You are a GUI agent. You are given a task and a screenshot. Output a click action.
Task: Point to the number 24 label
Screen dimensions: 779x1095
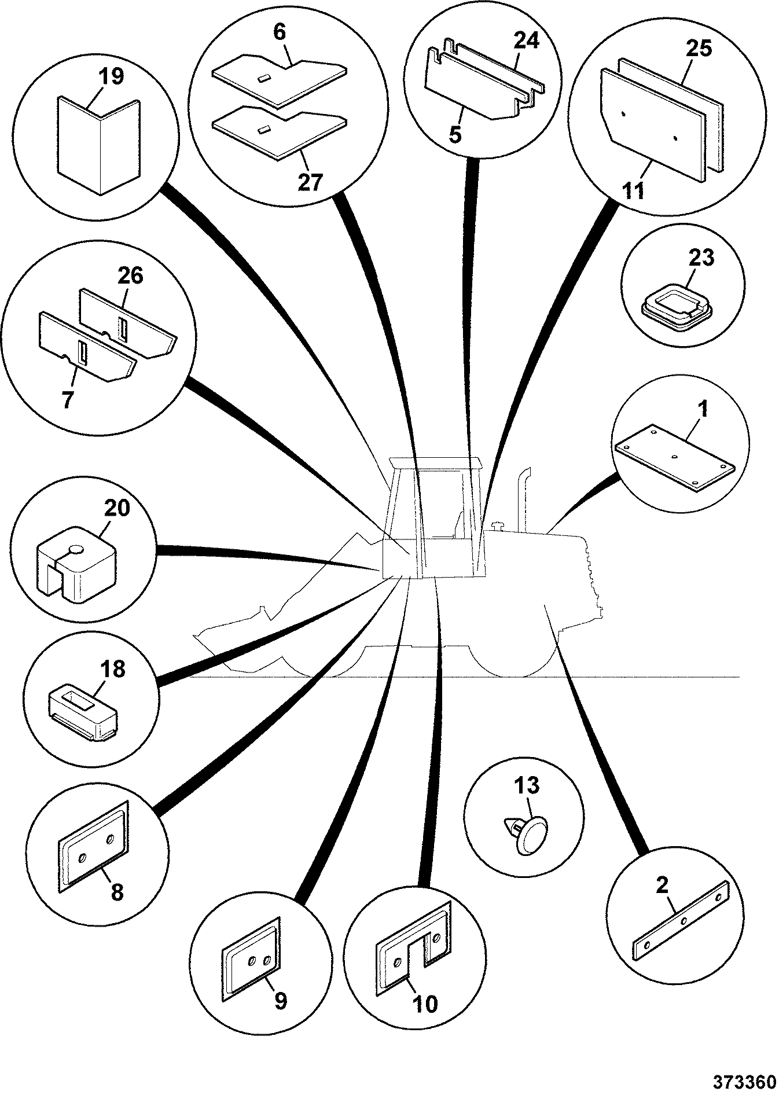526,41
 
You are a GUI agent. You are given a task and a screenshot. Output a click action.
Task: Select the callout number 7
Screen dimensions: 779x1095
68,400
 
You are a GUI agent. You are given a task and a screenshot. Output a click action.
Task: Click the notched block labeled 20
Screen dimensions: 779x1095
76,561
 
